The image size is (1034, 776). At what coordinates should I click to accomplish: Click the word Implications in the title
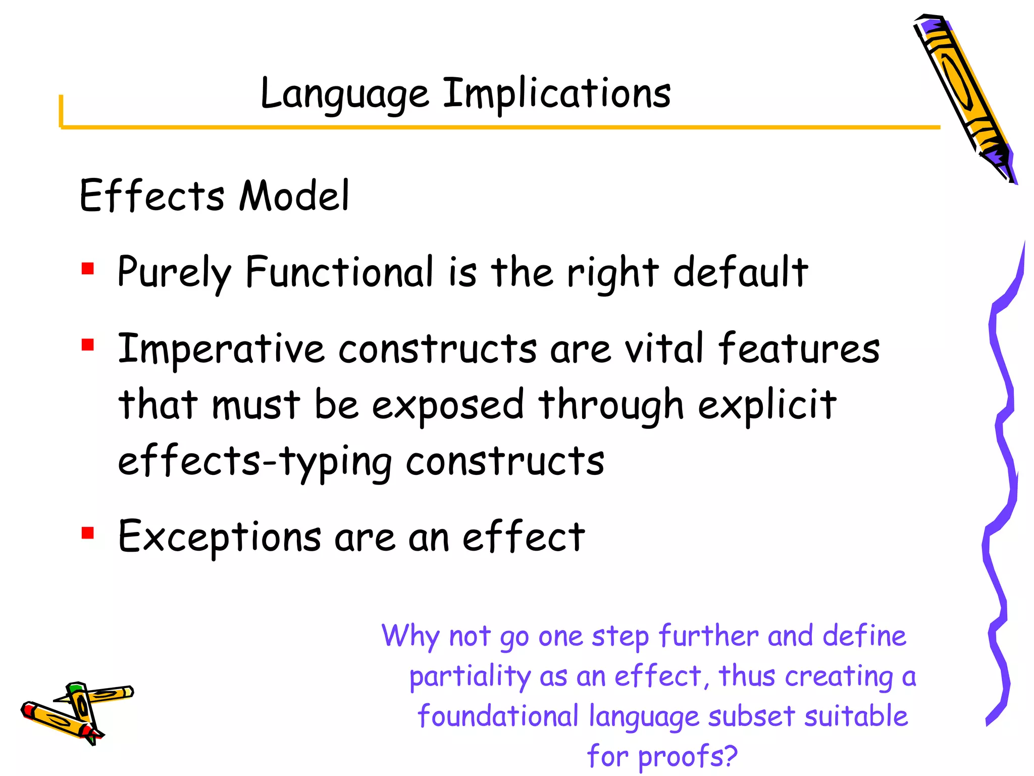click(x=557, y=94)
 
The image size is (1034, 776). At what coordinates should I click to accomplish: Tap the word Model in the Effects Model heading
click(x=294, y=196)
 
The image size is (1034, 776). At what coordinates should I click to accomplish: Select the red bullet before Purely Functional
click(x=88, y=268)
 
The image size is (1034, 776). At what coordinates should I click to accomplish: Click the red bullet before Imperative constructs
click(x=88, y=345)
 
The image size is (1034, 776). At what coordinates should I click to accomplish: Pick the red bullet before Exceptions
click(x=88, y=532)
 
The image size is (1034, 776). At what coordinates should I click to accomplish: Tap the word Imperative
click(x=221, y=350)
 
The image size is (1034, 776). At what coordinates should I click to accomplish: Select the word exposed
click(x=448, y=406)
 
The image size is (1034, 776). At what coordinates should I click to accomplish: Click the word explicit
click(x=767, y=406)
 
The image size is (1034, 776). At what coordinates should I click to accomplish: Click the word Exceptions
click(x=220, y=537)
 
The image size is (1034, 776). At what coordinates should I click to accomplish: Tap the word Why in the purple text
click(x=410, y=637)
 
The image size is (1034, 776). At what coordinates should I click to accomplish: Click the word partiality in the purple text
click(x=470, y=677)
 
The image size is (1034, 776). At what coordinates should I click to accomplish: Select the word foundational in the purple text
click(x=498, y=717)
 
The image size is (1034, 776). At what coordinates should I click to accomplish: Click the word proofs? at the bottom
click(x=688, y=756)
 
